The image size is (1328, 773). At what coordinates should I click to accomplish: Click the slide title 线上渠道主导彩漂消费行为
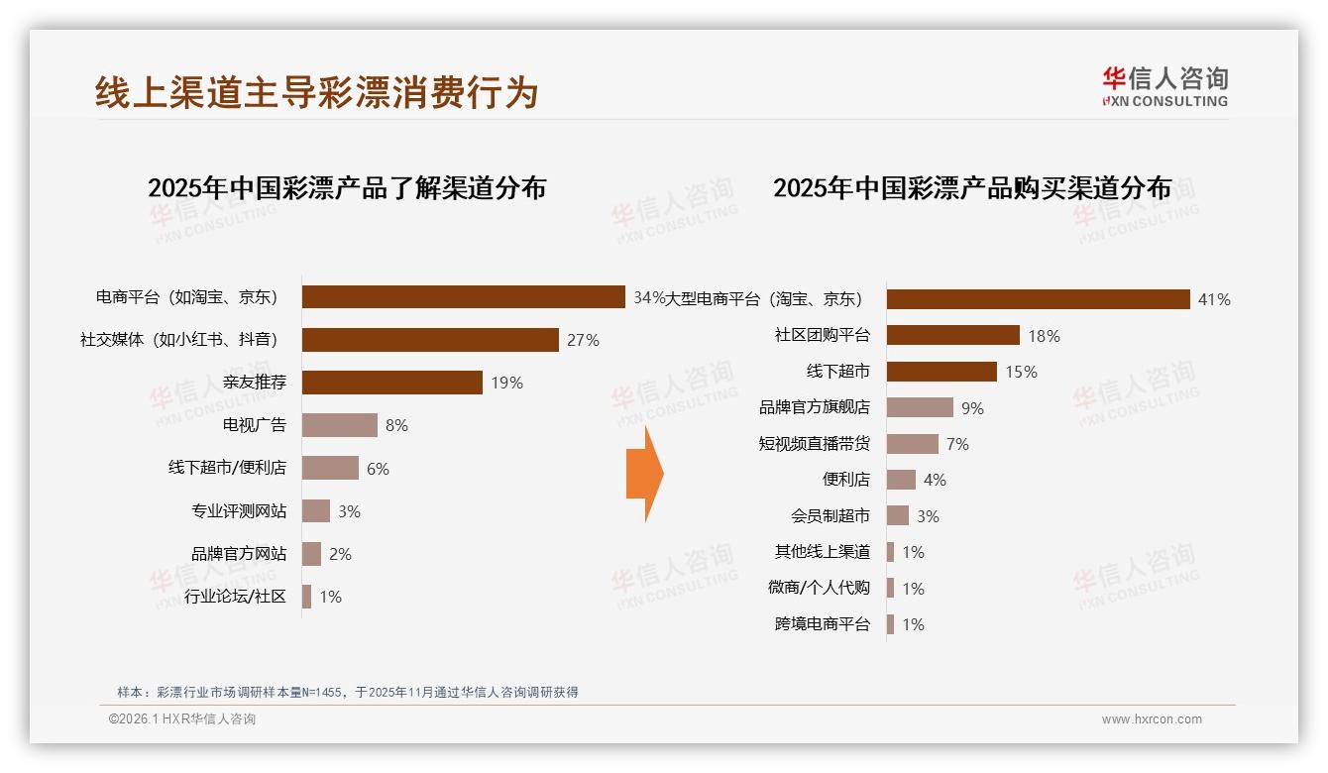(x=316, y=92)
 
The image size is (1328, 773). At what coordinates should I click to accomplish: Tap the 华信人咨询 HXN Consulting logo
(x=1164, y=87)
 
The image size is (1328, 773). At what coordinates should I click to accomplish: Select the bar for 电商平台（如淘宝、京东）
(x=463, y=297)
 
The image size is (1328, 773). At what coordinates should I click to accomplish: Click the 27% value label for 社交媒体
(x=583, y=340)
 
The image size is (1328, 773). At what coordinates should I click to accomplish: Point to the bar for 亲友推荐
(x=391, y=383)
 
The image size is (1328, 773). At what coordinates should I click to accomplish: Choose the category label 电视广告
(x=255, y=425)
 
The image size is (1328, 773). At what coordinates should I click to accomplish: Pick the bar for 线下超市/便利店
(x=330, y=468)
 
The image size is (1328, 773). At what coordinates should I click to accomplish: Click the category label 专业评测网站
(x=239, y=511)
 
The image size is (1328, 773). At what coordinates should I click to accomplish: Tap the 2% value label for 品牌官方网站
(x=340, y=554)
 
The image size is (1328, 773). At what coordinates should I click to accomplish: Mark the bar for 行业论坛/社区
(x=307, y=597)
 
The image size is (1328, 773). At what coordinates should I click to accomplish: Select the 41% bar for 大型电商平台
(x=1038, y=299)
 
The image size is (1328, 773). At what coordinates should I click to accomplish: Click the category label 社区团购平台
(x=822, y=335)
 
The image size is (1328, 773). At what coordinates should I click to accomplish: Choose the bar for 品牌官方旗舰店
(x=920, y=407)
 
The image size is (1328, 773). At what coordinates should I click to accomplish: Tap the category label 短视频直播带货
(x=814, y=444)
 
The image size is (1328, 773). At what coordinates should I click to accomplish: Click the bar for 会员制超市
(x=898, y=515)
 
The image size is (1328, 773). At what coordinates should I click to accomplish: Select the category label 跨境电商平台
(x=822, y=624)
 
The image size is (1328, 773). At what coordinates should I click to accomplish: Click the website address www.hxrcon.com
(x=1151, y=719)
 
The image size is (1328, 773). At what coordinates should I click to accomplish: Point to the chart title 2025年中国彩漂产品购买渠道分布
(x=972, y=188)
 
